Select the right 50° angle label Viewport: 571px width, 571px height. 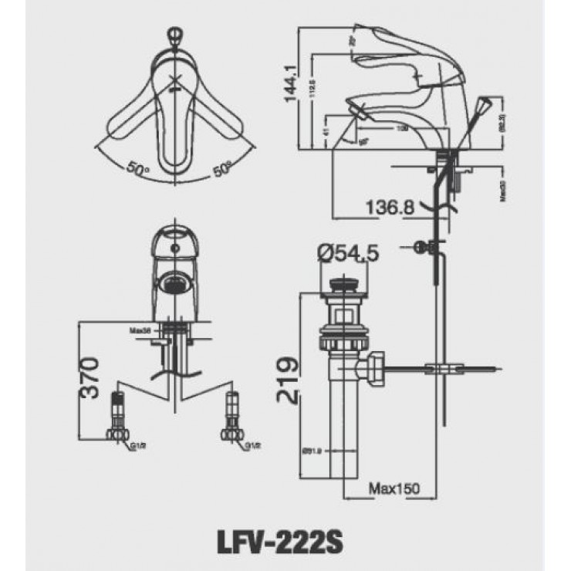tap(222, 168)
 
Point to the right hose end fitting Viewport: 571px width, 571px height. tap(229, 417)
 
